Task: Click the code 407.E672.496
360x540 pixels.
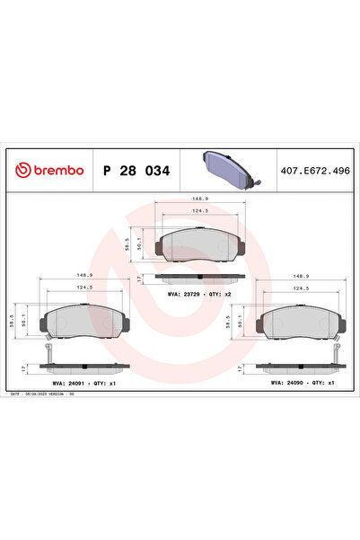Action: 316,171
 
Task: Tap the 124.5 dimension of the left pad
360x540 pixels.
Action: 85,288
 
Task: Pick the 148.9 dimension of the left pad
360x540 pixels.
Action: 85,277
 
